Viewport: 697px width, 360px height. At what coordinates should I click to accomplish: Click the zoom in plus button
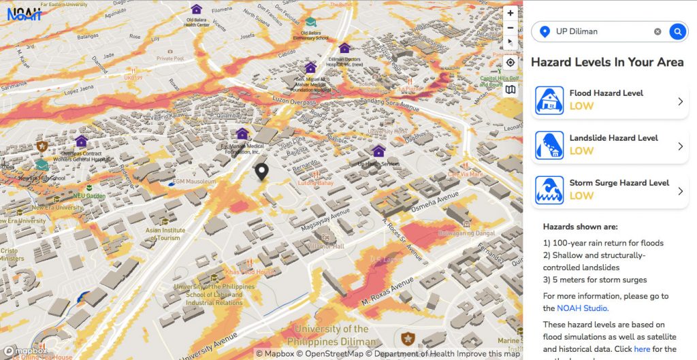(510, 12)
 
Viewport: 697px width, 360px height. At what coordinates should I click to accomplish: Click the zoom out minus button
(510, 28)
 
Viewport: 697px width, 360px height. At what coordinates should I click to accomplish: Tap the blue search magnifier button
(677, 31)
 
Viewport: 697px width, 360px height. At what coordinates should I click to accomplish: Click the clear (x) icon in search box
(658, 31)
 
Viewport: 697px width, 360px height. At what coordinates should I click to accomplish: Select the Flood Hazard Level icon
(549, 100)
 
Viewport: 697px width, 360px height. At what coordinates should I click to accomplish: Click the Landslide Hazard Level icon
(549, 145)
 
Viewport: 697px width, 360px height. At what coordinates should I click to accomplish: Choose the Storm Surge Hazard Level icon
(549, 190)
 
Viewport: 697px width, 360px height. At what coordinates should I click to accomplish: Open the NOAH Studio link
(582, 308)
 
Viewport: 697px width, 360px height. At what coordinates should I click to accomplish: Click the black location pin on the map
(261, 171)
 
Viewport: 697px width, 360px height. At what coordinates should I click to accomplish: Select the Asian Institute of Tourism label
(165, 233)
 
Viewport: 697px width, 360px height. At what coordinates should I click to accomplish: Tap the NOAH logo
(24, 13)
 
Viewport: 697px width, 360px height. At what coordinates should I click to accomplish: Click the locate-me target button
(510, 63)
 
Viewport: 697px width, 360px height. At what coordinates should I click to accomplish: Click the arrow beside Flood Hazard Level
(680, 101)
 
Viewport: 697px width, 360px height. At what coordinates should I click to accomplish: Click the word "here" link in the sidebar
(642, 349)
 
